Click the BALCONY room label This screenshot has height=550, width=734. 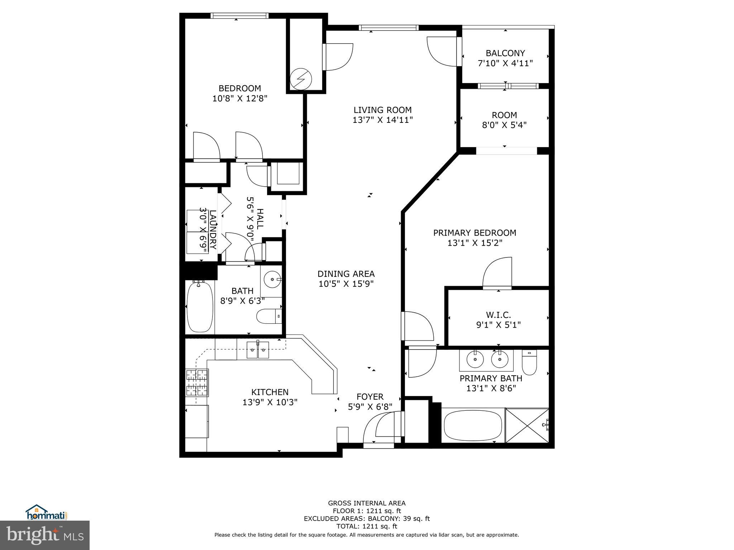(505, 53)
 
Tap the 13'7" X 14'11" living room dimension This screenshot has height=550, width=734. (382, 120)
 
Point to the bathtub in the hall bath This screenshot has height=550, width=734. (200, 307)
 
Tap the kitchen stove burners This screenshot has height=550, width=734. (197, 382)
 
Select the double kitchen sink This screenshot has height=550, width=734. (258, 350)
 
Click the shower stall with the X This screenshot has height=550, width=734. (526, 425)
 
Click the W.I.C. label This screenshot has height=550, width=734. (498, 315)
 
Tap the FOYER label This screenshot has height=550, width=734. (370, 397)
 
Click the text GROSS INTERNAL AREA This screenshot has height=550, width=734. (367, 503)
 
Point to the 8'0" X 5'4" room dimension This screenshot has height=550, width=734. (504, 125)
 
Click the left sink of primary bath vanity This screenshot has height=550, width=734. (475, 359)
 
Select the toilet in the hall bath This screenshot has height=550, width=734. (269, 316)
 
